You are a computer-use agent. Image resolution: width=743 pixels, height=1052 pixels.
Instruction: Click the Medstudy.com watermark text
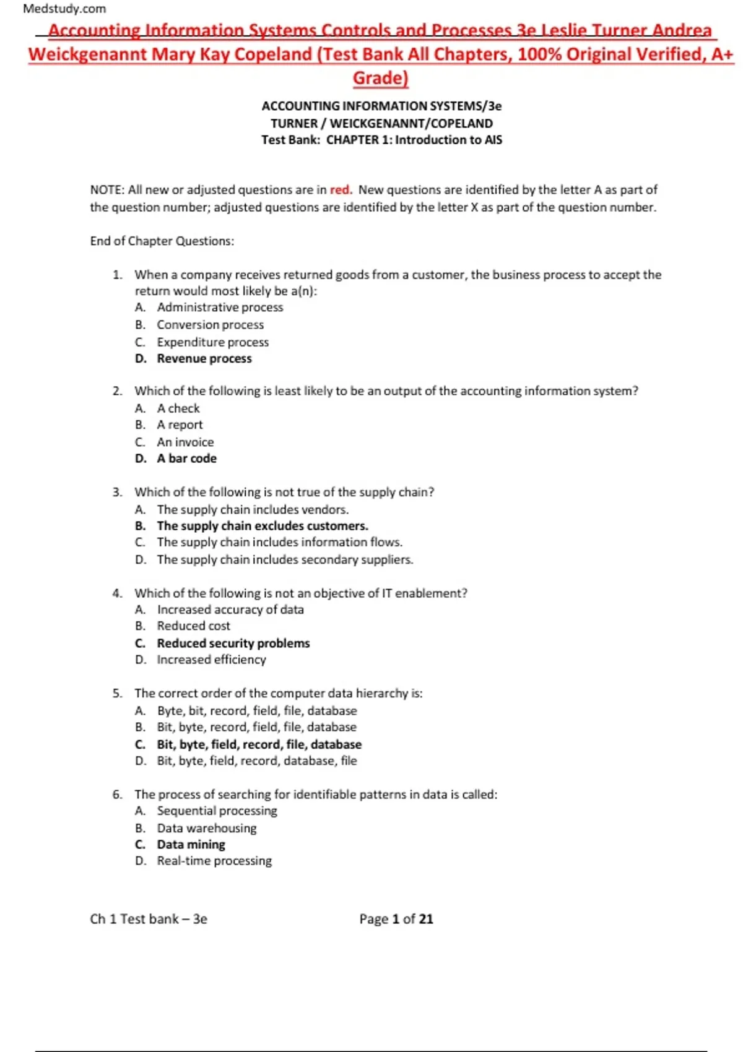point(64,9)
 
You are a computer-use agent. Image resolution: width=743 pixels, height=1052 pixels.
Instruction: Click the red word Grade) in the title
point(380,78)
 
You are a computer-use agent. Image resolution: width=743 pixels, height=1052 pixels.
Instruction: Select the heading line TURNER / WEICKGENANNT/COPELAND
point(381,123)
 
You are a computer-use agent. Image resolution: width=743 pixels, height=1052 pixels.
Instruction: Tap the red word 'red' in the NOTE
point(339,190)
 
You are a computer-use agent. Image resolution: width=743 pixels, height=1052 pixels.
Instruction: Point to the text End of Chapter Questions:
point(162,241)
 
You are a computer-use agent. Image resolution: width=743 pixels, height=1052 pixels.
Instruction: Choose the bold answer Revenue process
point(204,359)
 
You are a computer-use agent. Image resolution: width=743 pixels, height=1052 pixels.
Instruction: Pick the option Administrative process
point(220,308)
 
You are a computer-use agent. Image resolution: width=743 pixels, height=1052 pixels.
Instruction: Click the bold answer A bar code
point(186,459)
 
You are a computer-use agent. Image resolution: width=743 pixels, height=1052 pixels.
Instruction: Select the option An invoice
point(185,442)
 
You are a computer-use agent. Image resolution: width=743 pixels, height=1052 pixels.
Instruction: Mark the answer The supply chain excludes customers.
point(263,526)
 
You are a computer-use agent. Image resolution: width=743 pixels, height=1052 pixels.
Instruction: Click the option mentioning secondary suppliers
point(285,559)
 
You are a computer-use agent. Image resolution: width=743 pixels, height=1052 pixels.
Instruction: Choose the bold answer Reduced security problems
point(233,643)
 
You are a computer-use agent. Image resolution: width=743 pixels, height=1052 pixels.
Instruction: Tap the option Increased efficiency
point(211,660)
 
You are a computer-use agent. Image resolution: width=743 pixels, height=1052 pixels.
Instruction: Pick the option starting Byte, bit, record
point(257,710)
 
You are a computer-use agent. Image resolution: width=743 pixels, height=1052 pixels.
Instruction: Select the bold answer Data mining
point(191,845)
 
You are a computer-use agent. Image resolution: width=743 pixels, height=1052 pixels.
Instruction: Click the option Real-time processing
point(214,861)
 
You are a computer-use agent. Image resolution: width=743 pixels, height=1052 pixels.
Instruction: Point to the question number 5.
point(117,693)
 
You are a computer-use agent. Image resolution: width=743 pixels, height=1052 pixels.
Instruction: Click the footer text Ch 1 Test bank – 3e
point(149,919)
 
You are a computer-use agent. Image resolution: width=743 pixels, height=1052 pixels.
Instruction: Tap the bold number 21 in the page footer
point(426,919)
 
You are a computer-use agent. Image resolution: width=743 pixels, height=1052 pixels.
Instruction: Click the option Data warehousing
point(206,828)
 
